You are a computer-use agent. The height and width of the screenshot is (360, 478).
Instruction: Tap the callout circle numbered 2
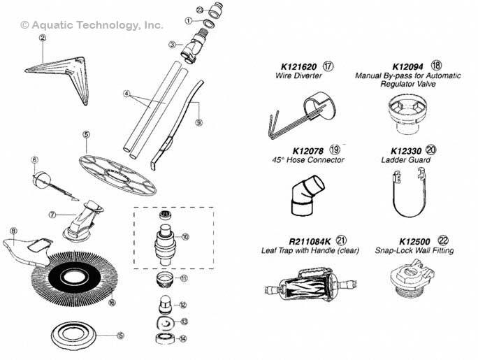(42, 39)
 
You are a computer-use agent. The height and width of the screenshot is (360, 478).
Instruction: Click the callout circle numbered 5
(86, 134)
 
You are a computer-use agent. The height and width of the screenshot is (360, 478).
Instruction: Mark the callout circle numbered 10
(185, 238)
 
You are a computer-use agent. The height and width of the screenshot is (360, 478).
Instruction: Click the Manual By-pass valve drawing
(405, 111)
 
